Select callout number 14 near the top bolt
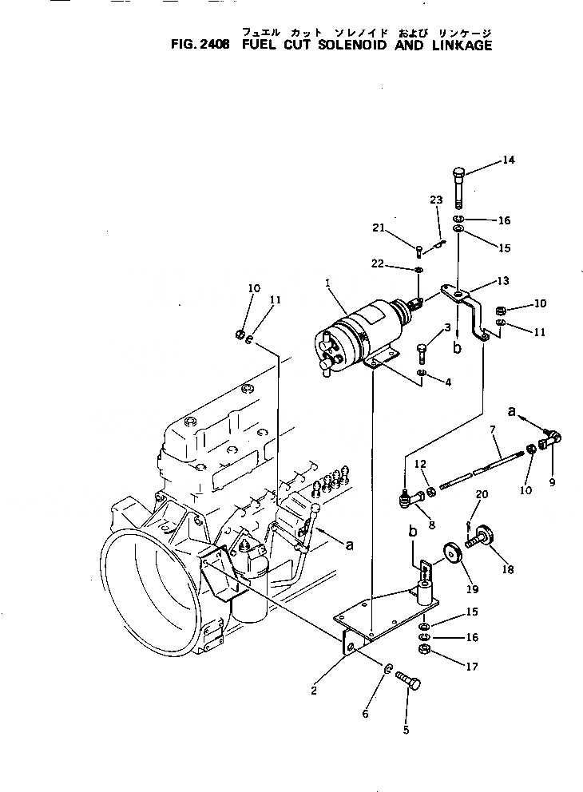pyautogui.click(x=509, y=160)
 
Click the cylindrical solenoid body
pyautogui.click(x=359, y=331)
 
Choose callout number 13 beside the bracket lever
pyautogui.click(x=502, y=282)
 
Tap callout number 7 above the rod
pyautogui.click(x=493, y=430)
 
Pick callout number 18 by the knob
pyautogui.click(x=509, y=569)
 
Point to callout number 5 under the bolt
pyautogui.click(x=405, y=729)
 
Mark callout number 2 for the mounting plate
pyautogui.click(x=314, y=691)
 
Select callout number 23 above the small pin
pyautogui.click(x=435, y=200)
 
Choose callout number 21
pyautogui.click(x=378, y=229)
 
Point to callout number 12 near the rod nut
pyautogui.click(x=421, y=464)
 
